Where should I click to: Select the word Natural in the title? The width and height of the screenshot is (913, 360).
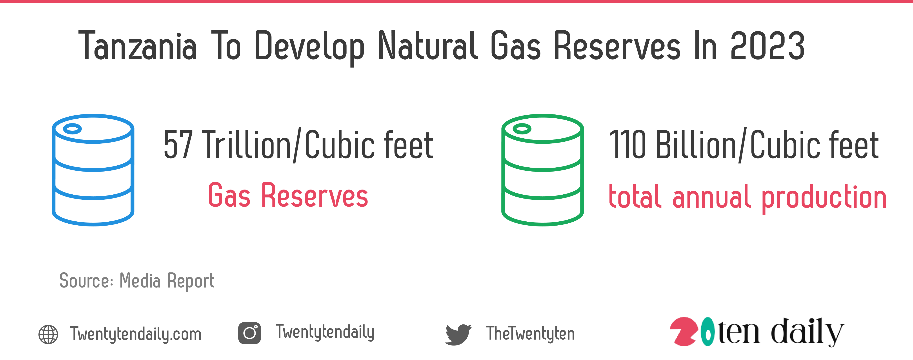[428, 45]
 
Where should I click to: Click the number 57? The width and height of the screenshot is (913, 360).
[178, 145]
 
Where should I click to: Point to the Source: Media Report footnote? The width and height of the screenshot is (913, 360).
[136, 281]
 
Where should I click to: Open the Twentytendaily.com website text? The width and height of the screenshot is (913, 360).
[136, 334]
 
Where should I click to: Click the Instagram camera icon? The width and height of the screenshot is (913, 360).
[249, 333]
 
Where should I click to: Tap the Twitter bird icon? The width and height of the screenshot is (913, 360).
[458, 334]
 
